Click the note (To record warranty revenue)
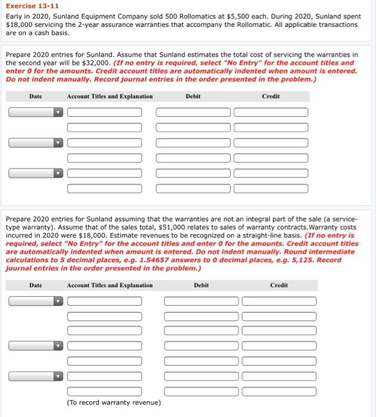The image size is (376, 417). pos(114,403)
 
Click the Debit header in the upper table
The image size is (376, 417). pos(193,96)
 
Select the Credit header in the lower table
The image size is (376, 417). pos(278,285)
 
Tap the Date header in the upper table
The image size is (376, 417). pos(36,96)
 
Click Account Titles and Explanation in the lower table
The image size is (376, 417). pos(109,285)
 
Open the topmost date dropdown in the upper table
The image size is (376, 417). pos(35,112)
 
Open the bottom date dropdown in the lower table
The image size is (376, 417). pos(35,376)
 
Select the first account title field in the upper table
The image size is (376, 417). pos(104,112)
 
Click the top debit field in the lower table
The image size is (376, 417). pos(201,301)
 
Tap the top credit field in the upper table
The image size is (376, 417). pos(271,112)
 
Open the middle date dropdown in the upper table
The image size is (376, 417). pos(35,143)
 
